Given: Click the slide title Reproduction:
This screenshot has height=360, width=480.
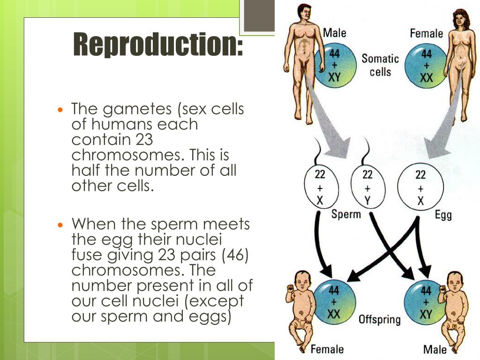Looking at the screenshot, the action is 158,45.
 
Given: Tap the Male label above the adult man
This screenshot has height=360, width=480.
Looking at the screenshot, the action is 335,33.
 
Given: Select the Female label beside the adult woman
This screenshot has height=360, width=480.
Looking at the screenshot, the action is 426,33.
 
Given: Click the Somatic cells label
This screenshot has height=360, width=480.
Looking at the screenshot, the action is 380,65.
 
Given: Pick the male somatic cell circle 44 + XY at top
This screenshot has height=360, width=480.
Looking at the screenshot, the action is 334,66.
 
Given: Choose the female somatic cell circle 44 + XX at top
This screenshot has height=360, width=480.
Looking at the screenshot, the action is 426,66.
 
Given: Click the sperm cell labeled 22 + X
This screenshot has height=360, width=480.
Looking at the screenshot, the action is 320,187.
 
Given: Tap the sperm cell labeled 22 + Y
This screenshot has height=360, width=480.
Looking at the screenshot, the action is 367,187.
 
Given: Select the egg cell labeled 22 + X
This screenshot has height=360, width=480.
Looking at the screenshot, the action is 420,187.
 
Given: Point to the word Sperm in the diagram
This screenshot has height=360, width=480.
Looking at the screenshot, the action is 346,215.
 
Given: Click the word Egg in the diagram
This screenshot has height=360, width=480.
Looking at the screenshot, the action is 443,216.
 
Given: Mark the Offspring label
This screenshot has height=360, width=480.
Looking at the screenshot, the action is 380,320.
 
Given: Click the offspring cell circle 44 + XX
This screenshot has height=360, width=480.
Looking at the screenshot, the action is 334,302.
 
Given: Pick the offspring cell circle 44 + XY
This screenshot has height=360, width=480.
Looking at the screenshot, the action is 425,302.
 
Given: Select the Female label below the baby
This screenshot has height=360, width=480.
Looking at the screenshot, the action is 327,349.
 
